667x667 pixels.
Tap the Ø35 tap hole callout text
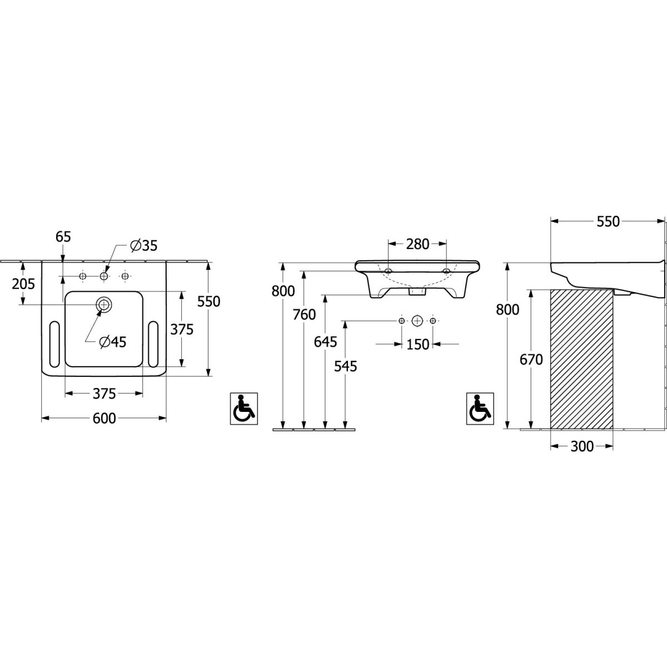coord(143,246)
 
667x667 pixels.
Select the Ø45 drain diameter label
coord(112,342)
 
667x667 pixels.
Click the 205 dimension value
coord(23,284)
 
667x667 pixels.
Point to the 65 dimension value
coord(63,237)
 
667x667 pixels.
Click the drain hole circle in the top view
coord(103,305)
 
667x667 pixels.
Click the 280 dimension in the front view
coord(417,244)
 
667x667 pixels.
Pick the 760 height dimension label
coord(304,314)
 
